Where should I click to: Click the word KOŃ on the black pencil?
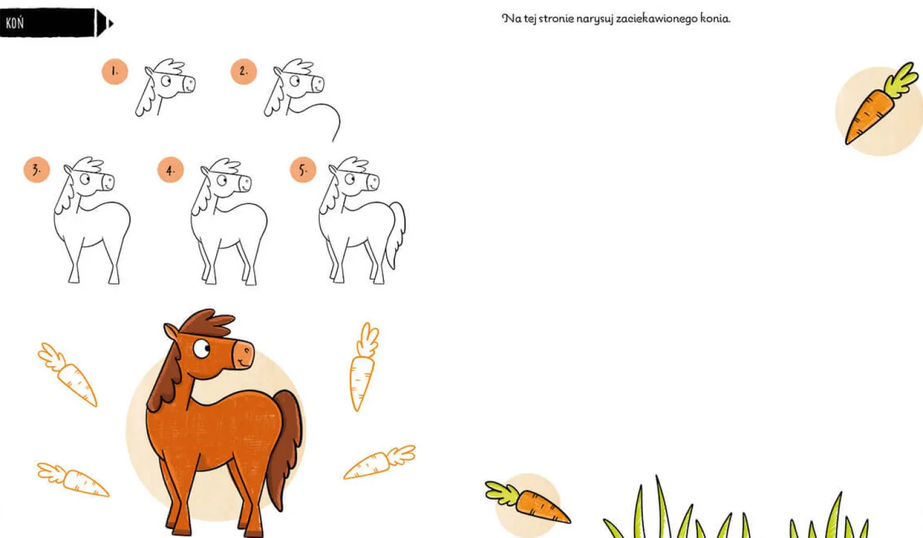click(15, 23)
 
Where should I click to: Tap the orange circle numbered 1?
click(114, 71)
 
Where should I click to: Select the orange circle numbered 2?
click(243, 71)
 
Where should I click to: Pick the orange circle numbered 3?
click(37, 169)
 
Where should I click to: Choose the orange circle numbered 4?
click(171, 169)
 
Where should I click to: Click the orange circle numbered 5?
click(303, 169)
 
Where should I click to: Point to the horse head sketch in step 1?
click(165, 87)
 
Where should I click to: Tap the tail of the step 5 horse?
click(396, 233)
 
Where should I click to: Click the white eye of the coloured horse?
click(202, 349)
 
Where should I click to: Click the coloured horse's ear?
click(171, 332)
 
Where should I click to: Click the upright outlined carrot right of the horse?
click(363, 367)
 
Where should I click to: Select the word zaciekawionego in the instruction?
click(656, 19)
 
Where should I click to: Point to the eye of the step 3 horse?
click(85, 179)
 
